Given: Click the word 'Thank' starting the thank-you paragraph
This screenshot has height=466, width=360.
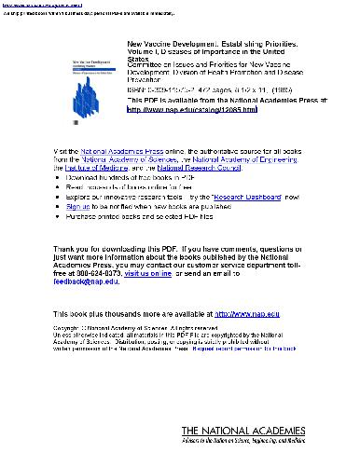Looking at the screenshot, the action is coord(68,249).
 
